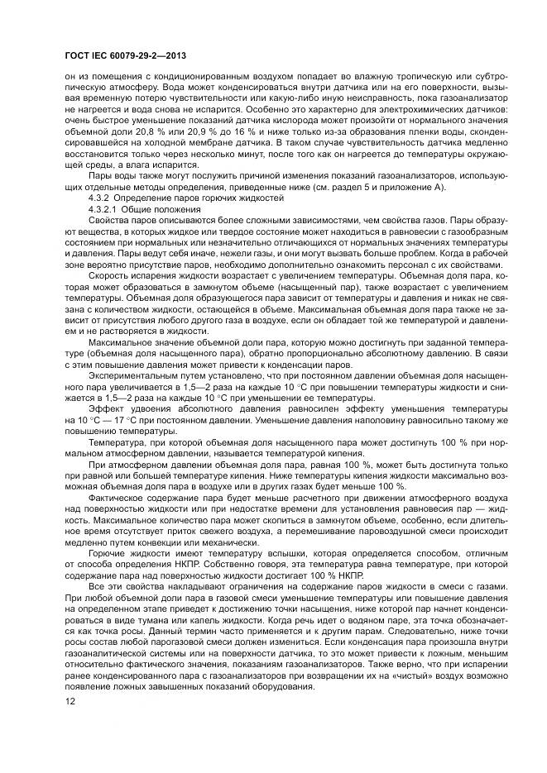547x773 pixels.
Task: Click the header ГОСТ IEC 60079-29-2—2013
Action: (x=124, y=55)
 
